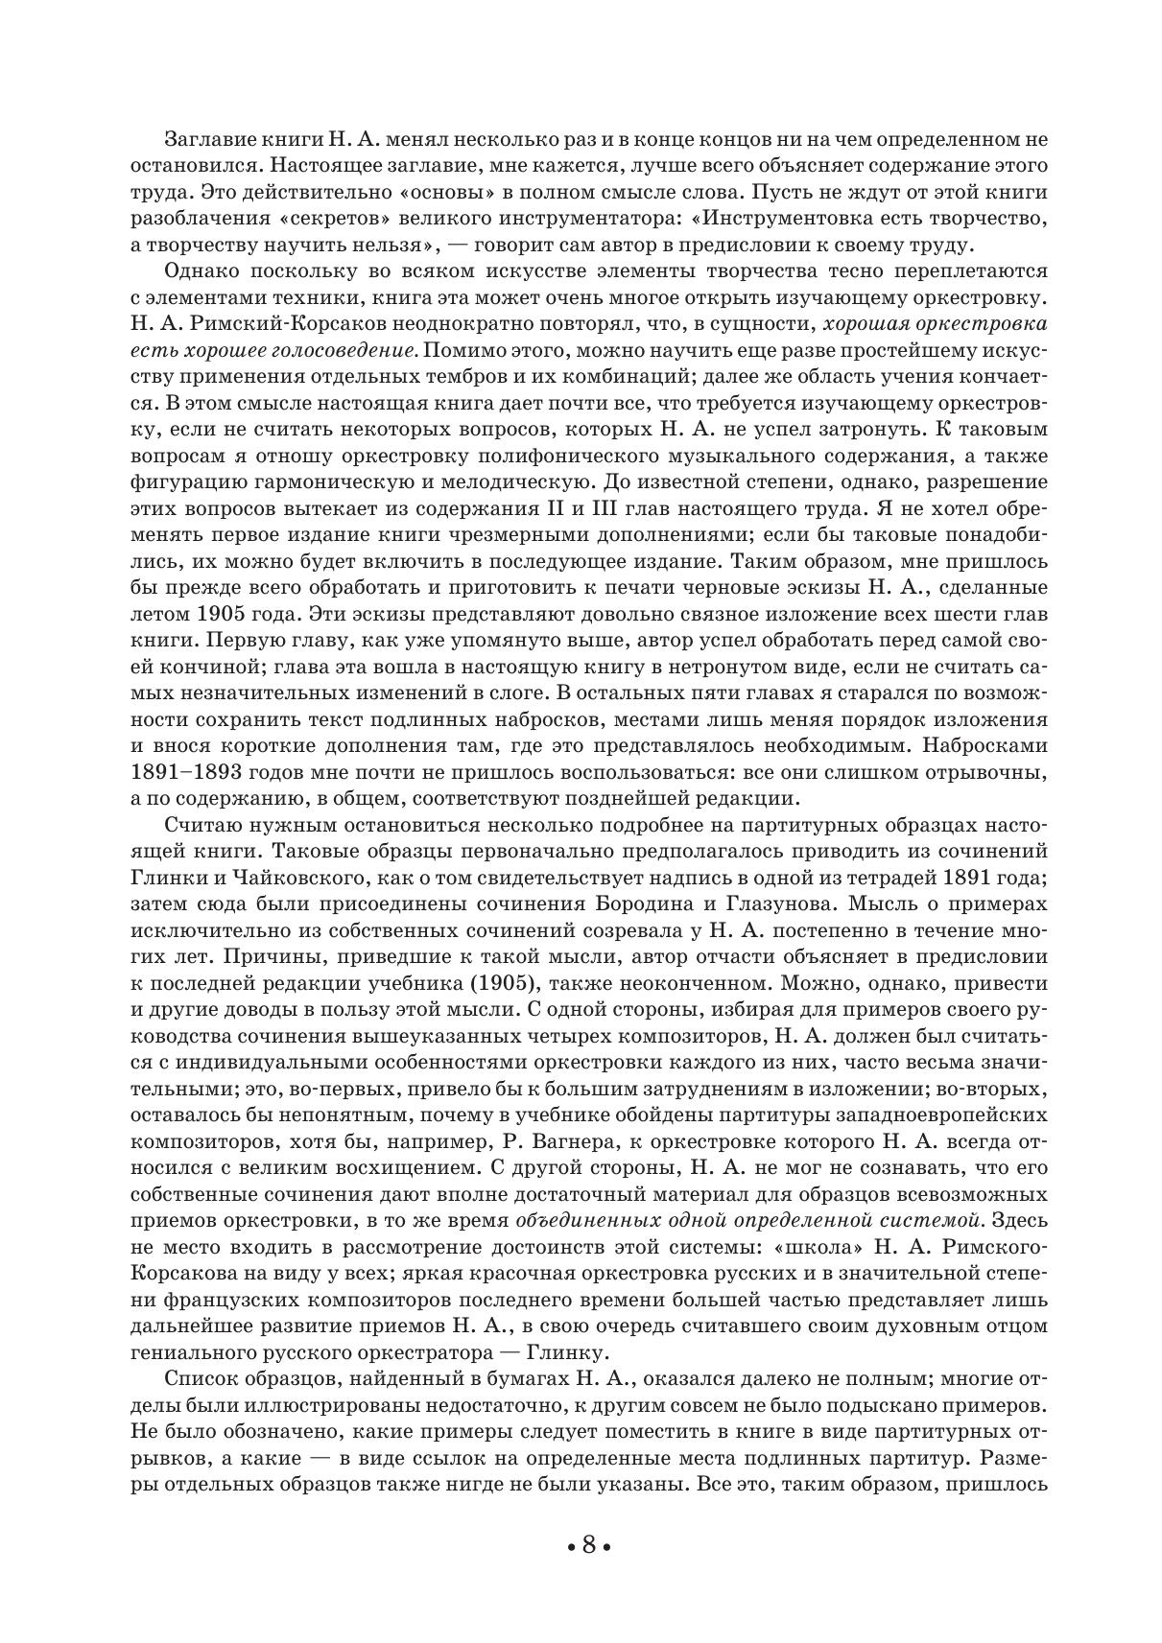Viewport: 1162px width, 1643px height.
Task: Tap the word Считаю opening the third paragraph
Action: [205, 824]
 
